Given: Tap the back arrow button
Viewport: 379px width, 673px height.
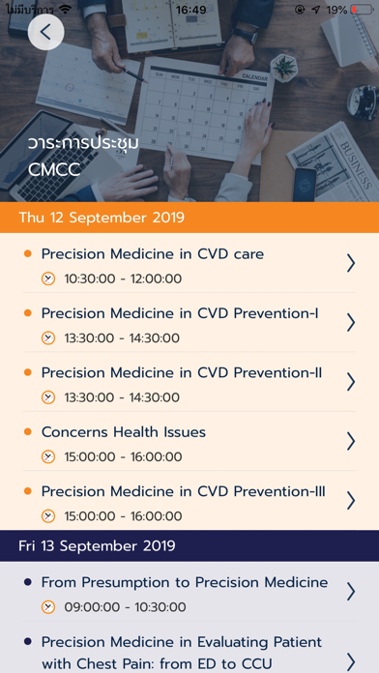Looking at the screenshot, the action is click(x=46, y=32).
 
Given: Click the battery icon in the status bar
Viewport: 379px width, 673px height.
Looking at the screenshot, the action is click(x=362, y=10).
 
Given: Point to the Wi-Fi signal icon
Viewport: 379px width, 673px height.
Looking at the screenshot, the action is click(x=65, y=9).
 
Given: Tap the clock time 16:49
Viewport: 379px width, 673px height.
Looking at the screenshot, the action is click(x=190, y=10).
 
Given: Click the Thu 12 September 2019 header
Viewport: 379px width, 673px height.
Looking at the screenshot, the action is click(x=102, y=218).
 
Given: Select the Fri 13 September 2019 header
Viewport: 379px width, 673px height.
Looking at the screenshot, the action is click(x=97, y=546).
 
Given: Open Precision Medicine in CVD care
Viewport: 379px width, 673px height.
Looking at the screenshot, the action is click(x=153, y=254).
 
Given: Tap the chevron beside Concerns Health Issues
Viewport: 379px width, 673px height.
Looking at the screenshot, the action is click(x=351, y=441).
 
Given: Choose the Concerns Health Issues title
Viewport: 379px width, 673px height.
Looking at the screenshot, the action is click(x=124, y=432).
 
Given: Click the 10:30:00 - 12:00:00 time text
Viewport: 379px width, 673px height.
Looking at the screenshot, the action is click(x=123, y=279).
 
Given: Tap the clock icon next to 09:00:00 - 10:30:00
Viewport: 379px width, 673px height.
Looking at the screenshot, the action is click(x=48, y=607).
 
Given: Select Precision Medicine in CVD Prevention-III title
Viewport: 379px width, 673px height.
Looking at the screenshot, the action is click(x=184, y=491).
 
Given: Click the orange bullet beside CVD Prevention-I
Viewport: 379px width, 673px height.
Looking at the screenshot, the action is click(x=28, y=313).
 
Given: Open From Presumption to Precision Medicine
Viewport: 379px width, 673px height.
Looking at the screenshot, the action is click(x=185, y=582).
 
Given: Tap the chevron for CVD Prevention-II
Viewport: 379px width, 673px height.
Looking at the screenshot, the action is click(x=351, y=382).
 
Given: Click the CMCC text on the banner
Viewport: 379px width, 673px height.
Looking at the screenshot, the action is click(x=54, y=169).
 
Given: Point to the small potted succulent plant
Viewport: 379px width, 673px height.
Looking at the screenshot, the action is click(x=284, y=68).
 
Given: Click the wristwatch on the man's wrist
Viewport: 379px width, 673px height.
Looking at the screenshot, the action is click(x=245, y=36).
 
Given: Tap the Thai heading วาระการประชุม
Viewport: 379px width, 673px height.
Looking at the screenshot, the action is click(x=84, y=143).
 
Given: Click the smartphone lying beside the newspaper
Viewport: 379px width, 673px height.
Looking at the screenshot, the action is click(x=305, y=185).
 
